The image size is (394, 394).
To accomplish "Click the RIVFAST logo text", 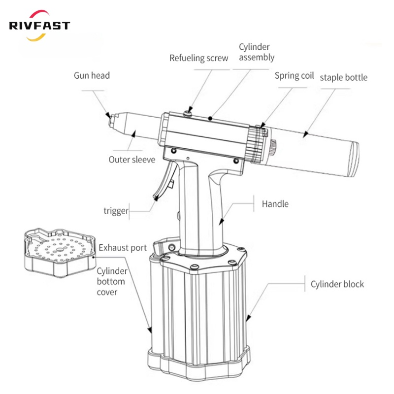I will click(39, 26).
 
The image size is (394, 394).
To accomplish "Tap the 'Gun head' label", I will click(92, 76).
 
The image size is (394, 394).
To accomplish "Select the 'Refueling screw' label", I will click(199, 58).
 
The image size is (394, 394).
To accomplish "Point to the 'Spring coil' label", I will click(294, 76).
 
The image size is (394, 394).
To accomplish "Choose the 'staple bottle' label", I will click(344, 77).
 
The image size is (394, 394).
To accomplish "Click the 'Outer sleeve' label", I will click(131, 160).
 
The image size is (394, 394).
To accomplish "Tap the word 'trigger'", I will click(116, 211).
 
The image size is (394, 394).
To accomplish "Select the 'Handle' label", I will click(275, 203).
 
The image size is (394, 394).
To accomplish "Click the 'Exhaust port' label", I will click(123, 247).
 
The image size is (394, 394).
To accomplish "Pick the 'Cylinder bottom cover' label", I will click(112, 282).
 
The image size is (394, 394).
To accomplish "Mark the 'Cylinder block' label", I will click(337, 284).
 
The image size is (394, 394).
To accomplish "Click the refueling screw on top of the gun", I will click(188, 114).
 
